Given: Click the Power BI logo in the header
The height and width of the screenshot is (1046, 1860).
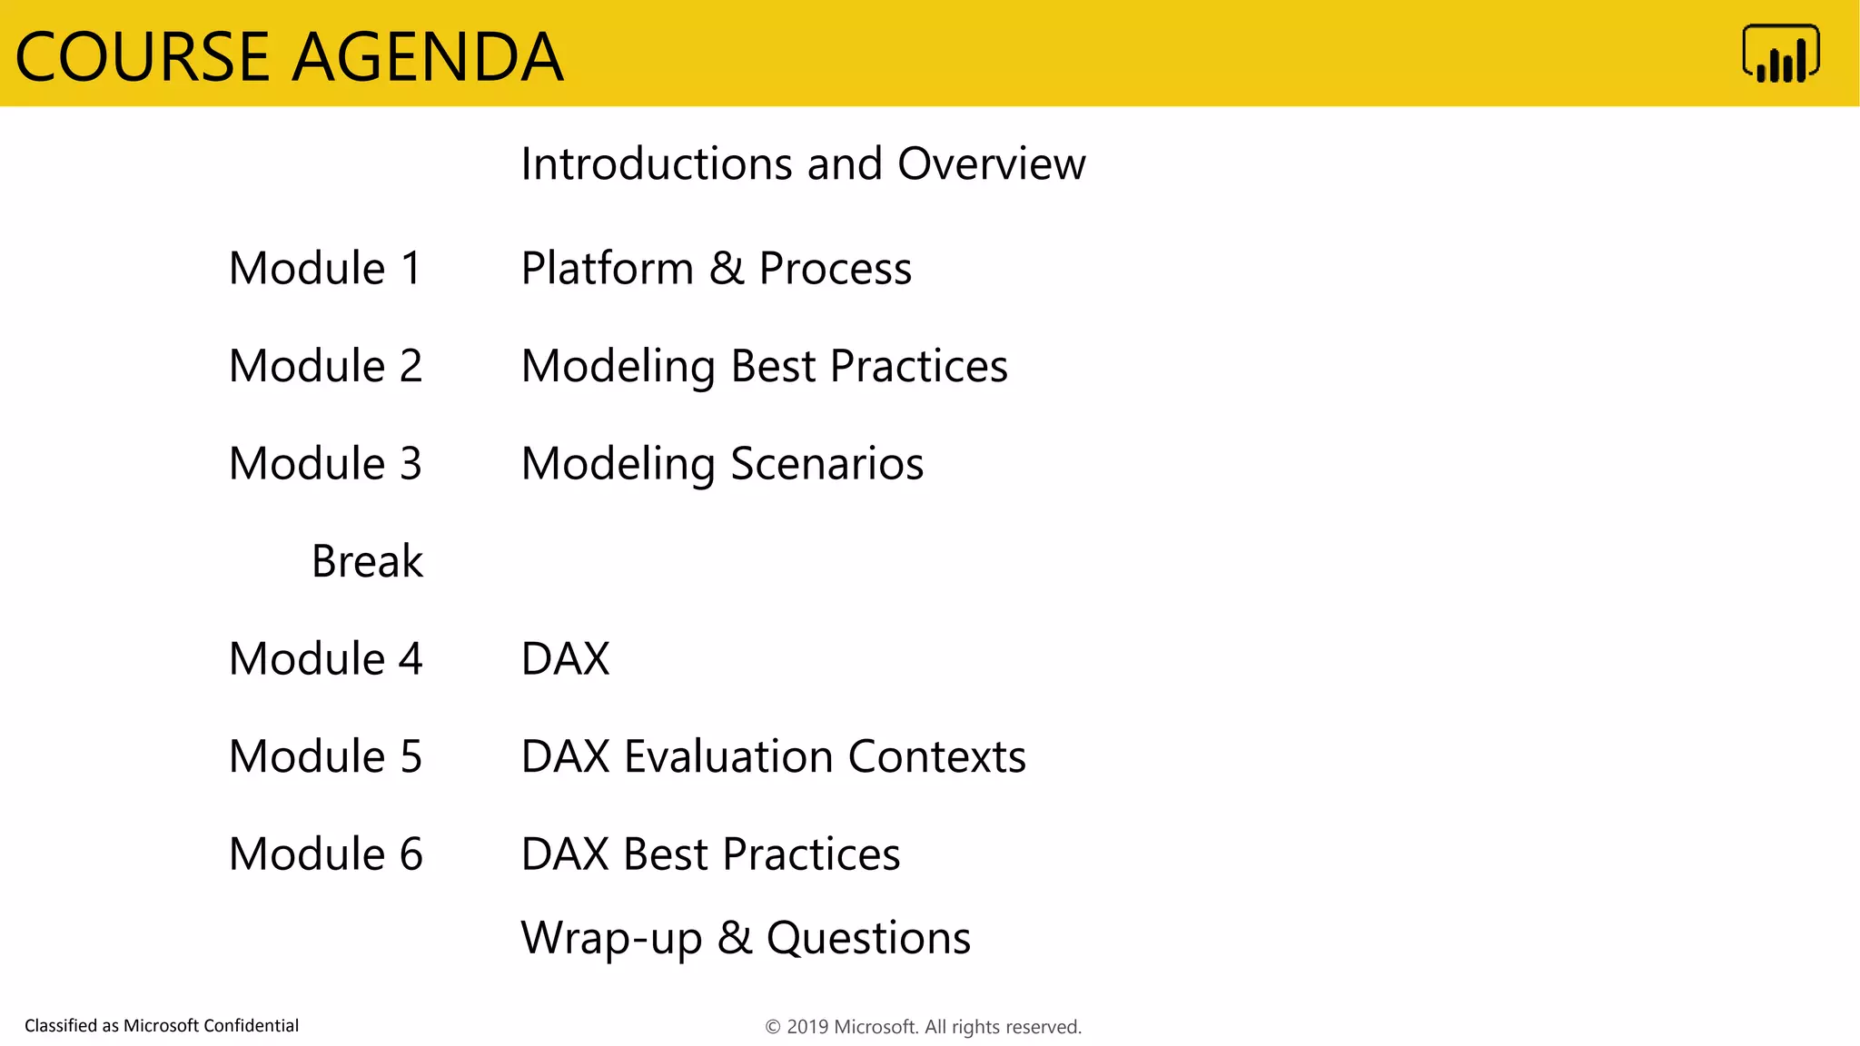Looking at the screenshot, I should tap(1780, 54).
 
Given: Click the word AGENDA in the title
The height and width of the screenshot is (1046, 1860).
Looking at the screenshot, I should tap(427, 57).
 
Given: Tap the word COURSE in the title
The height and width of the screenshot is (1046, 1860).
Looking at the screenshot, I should tap(143, 57).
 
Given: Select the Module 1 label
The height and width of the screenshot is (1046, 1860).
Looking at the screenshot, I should tap(325, 269).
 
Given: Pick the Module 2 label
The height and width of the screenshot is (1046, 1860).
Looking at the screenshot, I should tap(325, 366).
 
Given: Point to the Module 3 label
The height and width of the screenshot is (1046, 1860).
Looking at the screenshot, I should tap(325, 464).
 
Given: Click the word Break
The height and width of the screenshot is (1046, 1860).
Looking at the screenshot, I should tap(367, 561).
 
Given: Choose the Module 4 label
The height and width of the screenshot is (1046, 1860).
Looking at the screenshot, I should tap(325, 659).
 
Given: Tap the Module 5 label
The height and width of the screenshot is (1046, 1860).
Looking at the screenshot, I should tap(325, 756).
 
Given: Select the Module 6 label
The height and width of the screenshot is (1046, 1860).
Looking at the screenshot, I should tap(325, 854).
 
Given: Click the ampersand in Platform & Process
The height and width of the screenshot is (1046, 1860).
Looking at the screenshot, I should tap(726, 269).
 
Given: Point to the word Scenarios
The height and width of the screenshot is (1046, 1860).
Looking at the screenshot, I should tap(826, 464).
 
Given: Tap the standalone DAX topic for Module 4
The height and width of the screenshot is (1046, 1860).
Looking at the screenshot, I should tap(565, 659).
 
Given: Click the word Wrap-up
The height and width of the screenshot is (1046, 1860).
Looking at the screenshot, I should tap(611, 939).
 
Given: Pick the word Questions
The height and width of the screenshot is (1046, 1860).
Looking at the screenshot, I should tap(868, 939).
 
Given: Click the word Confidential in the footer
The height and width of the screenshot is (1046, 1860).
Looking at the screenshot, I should tap(251, 1026).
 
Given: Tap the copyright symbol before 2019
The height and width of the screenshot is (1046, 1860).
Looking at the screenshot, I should tap(773, 1027).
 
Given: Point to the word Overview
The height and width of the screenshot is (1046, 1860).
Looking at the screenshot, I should tap(991, 164).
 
